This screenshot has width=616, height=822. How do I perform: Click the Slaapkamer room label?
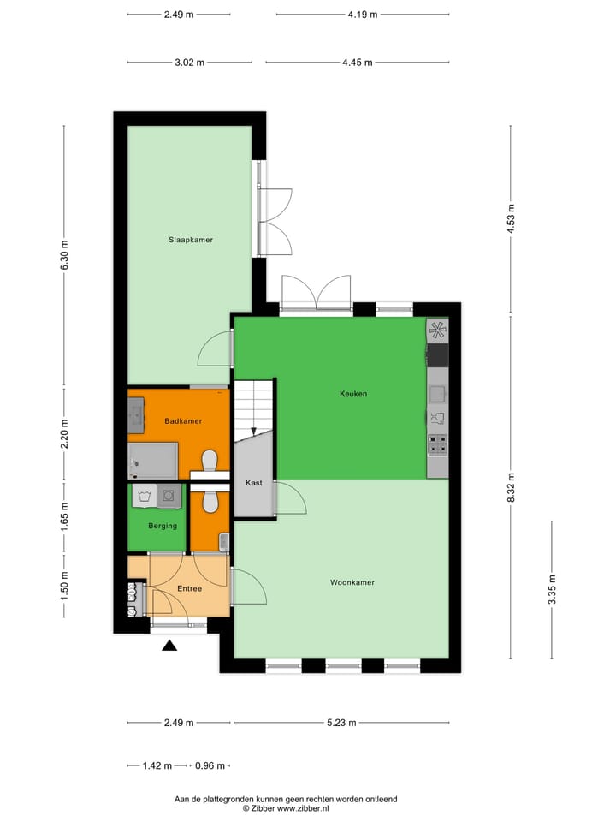pyautogui.click(x=190, y=240)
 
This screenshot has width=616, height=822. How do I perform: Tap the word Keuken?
pyautogui.click(x=352, y=394)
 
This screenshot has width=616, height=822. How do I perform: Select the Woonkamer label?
pyautogui.click(x=352, y=582)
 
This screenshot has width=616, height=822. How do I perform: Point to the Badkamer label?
pyautogui.click(x=183, y=421)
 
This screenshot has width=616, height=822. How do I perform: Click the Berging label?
pyautogui.click(x=163, y=526)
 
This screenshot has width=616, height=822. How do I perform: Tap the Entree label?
pyautogui.click(x=189, y=588)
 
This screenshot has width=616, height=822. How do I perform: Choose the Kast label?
pyautogui.click(x=254, y=483)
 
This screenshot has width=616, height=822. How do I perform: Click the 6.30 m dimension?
pyautogui.click(x=64, y=254)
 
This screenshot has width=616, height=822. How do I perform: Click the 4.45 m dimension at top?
pyautogui.click(x=358, y=62)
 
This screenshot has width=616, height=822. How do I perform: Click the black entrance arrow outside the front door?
pyautogui.click(x=170, y=646)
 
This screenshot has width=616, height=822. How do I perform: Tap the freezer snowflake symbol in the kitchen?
pyautogui.click(x=437, y=330)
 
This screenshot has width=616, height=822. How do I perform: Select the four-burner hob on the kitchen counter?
pyautogui.click(x=437, y=444)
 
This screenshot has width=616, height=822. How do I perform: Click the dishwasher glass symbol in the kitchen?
pyautogui.click(x=437, y=417)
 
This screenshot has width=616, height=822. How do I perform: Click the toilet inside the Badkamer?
pyautogui.click(x=208, y=463)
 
